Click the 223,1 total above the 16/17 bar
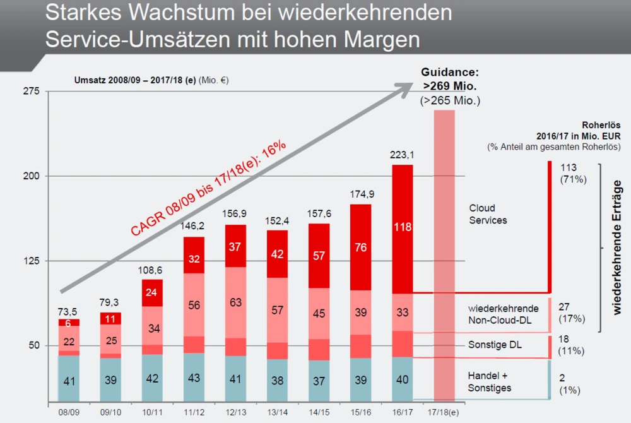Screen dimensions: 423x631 [x=403, y=154]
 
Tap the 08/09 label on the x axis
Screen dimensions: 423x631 [x=68, y=412]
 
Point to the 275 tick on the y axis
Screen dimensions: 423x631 [x=32, y=92]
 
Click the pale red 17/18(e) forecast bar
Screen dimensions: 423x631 [x=444, y=253]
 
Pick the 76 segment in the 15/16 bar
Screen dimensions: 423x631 [x=362, y=247]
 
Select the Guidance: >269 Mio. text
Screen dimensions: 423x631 [x=451, y=78]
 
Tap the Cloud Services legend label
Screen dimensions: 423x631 [x=488, y=214]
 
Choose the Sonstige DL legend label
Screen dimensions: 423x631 [x=495, y=345]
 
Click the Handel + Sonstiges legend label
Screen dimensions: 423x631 [x=489, y=381]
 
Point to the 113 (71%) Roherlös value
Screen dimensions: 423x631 [x=574, y=174]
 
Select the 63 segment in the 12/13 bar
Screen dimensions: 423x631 [x=235, y=302]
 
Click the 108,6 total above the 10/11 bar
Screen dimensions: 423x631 [x=152, y=270]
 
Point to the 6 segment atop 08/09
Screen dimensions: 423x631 [x=68, y=323]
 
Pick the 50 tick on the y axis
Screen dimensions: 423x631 [x=32, y=345]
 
